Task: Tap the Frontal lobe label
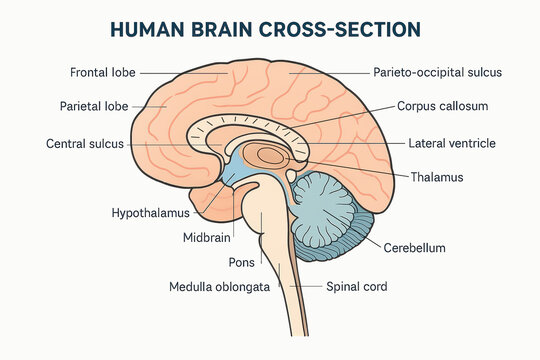point(103,73)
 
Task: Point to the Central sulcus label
point(85,144)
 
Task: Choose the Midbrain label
point(207,238)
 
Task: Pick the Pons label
point(241,262)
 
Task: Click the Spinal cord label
point(357,287)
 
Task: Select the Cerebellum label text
point(414,248)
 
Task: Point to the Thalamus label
point(438,177)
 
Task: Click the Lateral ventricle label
point(452,144)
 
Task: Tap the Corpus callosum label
point(442,105)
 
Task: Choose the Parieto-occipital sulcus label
point(437,73)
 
